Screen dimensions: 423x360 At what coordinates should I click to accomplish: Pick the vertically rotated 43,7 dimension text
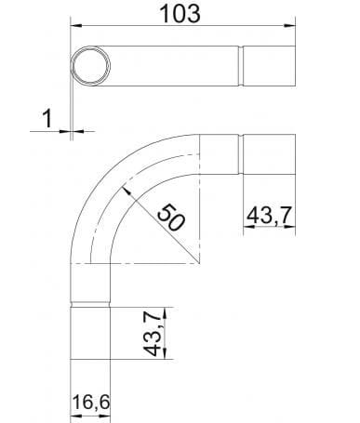click(155, 332)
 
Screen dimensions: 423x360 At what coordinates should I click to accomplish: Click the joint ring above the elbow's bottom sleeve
click(91, 303)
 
